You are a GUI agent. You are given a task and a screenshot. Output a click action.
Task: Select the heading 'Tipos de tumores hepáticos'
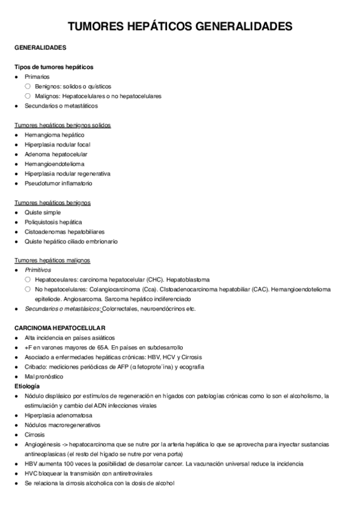(53, 67)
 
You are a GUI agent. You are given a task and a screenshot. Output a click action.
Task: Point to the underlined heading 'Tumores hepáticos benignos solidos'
(63, 125)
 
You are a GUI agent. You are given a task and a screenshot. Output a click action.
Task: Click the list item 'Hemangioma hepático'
(55, 135)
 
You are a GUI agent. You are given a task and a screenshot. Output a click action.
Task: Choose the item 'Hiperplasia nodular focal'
(58, 144)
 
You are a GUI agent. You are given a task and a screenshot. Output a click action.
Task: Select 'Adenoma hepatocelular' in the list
(56, 154)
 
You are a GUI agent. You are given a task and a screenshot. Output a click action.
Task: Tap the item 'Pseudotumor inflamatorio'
(59, 183)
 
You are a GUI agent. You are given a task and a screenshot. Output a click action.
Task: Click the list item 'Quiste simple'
(43, 212)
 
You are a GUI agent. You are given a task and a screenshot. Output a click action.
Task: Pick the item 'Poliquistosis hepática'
(53, 222)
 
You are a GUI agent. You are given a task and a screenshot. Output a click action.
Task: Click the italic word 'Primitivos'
(38, 270)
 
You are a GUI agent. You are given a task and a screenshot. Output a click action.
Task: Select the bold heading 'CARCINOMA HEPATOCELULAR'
(59, 328)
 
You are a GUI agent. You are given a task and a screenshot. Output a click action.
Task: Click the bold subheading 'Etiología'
(28, 386)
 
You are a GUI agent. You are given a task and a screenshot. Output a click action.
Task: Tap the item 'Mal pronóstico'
(44, 376)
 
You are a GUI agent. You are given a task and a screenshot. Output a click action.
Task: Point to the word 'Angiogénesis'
(42, 444)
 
